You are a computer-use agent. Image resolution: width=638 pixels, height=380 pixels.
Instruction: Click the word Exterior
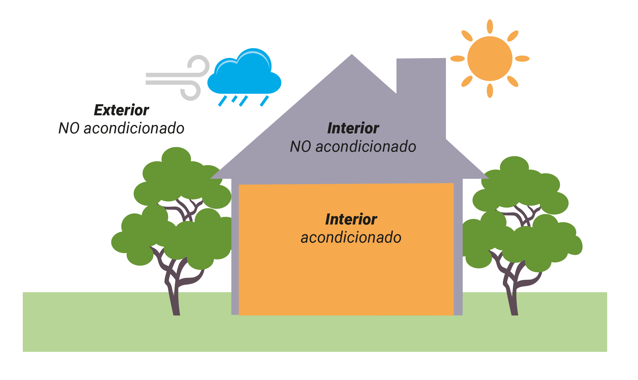pos(121,110)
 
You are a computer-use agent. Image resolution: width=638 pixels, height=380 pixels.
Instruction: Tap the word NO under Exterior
pos(69,128)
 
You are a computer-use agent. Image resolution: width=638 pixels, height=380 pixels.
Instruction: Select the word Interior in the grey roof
pos(353,128)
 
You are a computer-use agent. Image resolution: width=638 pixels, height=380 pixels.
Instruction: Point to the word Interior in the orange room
pos(351,220)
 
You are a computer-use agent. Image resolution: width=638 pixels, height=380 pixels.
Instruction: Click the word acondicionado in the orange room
pos(351,238)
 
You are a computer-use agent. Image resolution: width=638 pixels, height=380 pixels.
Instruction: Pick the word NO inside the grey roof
pos(301,146)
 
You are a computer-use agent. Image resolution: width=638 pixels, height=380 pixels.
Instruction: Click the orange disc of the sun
pos(490,59)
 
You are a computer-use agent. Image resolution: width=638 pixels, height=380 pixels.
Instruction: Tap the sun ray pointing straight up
pos(490,26)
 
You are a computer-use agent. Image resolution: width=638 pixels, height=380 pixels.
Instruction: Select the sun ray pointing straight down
pos(490,91)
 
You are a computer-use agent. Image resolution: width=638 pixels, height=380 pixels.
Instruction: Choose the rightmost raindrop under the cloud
pos(264,101)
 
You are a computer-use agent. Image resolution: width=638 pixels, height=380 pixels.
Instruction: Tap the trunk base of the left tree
pos(176,312)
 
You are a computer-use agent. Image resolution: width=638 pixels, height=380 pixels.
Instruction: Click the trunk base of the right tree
pos(514,312)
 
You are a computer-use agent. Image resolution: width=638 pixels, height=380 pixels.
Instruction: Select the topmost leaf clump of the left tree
pos(176,156)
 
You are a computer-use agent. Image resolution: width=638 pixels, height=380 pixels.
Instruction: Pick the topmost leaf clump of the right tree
pos(514,165)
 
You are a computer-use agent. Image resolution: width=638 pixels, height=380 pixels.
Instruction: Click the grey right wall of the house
pos(458,248)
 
